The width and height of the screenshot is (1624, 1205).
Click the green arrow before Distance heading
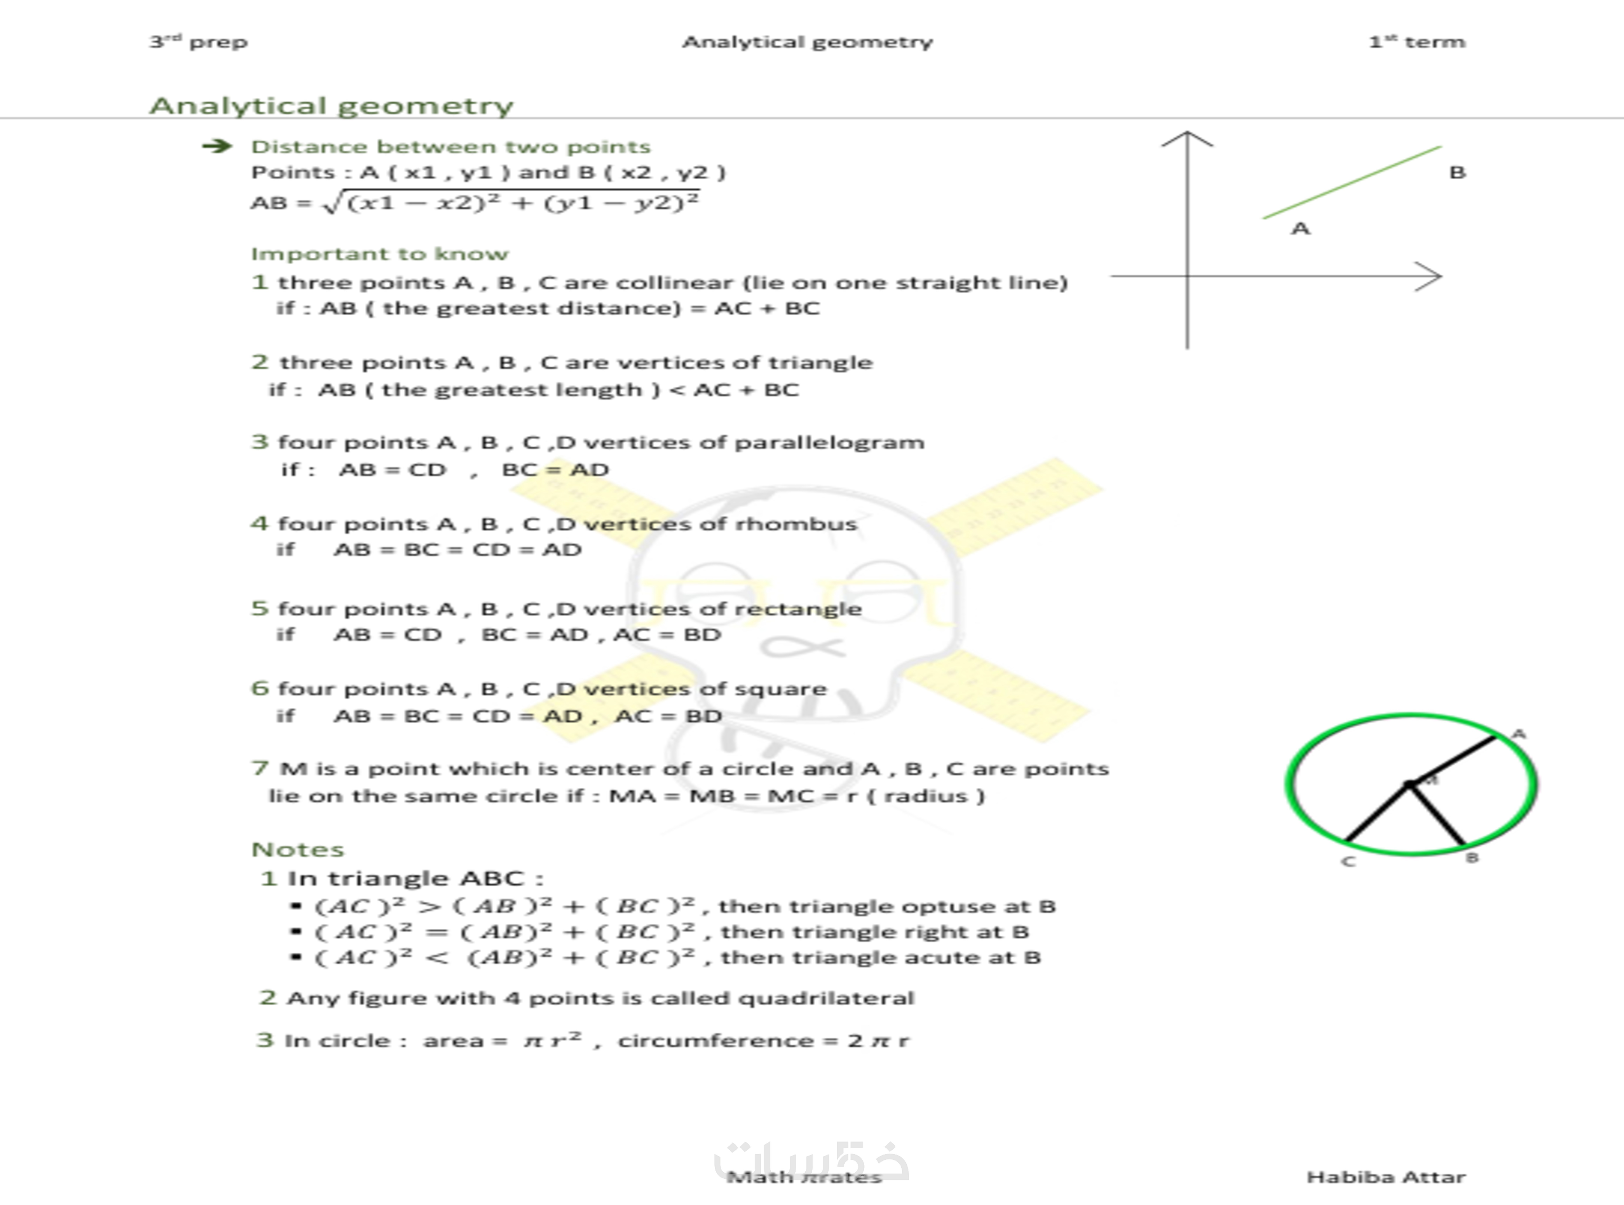tap(217, 147)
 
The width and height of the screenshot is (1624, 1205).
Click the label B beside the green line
tap(1457, 173)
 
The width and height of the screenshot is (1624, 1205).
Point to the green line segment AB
tap(1352, 182)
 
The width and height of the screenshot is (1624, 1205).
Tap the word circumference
tap(716, 1041)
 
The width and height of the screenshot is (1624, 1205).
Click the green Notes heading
tap(297, 850)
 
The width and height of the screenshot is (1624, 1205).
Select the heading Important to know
tap(379, 254)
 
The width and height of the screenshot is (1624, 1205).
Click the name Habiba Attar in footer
tap(1385, 1177)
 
